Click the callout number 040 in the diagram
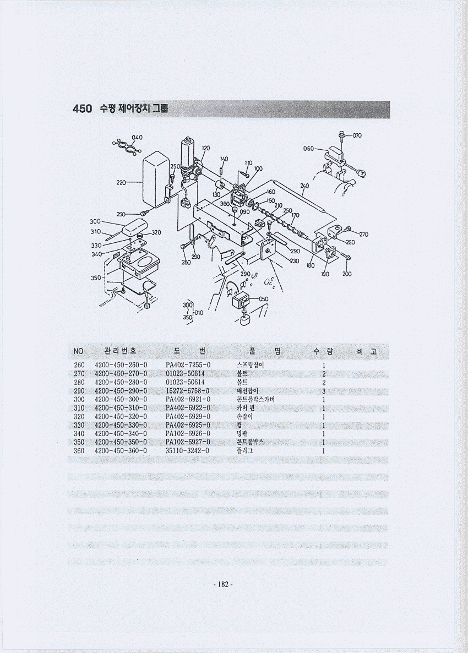[137, 137]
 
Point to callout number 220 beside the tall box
[121, 182]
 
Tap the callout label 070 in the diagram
[357, 135]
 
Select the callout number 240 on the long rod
[304, 186]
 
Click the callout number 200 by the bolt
[346, 274]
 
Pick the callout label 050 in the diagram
[263, 299]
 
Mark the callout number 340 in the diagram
[97, 254]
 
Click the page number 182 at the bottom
[223, 584]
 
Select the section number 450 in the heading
[82, 109]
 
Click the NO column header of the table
[78, 351]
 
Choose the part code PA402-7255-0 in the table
[188, 365]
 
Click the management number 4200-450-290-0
[121, 390]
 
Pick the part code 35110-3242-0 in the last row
[187, 450]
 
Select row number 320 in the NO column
[79, 416]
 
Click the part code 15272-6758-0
[187, 390]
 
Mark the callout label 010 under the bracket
[198, 313]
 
